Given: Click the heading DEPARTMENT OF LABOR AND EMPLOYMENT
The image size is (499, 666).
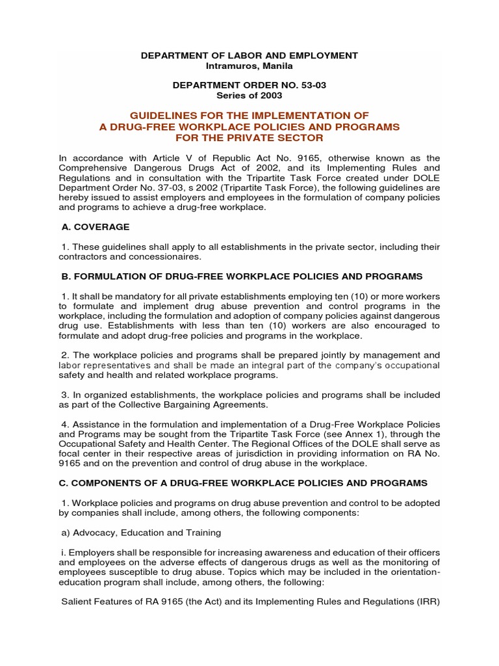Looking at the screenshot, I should click(249, 56).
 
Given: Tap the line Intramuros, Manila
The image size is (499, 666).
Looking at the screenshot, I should click(249, 66).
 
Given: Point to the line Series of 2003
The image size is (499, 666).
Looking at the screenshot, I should click(249, 95).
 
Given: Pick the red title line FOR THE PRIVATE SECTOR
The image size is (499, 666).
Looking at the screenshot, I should click(249, 138).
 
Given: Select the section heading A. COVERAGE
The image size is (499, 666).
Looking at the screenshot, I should click(96, 227).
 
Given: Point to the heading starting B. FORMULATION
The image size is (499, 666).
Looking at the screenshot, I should click(242, 276).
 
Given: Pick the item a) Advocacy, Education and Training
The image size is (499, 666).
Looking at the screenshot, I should click(141, 533).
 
